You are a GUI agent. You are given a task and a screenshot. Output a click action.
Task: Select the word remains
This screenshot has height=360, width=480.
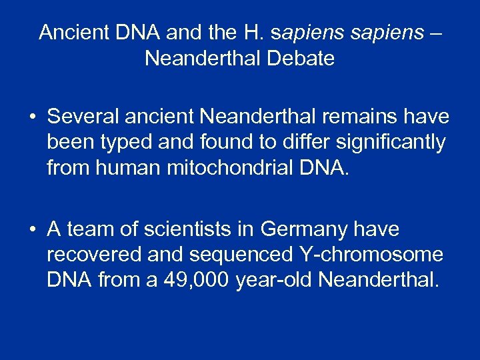point(361,117)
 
